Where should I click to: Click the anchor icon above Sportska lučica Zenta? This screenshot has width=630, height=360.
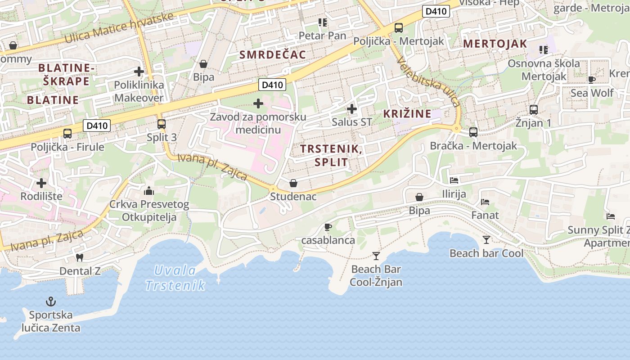51,301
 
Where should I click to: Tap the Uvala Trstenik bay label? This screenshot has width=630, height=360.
175,278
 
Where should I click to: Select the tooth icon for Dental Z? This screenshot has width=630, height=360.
80,258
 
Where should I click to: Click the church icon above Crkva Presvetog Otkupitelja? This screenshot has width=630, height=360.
149,191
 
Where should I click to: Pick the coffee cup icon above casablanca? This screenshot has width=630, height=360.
328,227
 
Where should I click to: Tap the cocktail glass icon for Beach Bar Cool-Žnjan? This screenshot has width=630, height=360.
376,256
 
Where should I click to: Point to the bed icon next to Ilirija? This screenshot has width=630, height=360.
454,180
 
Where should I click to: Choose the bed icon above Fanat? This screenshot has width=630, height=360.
485,202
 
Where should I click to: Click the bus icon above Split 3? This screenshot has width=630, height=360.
161,124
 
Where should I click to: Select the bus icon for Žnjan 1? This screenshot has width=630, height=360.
533,109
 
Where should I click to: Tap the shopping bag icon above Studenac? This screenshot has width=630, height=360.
293,183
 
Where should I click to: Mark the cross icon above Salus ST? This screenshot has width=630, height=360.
352,108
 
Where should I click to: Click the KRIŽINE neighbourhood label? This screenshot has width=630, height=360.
407,114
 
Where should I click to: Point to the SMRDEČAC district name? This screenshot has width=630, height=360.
273,55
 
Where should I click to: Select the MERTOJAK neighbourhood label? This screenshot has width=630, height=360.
495,44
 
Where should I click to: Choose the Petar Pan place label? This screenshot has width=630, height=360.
323,36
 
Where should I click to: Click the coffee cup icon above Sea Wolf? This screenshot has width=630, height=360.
591,80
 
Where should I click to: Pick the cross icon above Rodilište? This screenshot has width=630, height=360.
41,183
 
